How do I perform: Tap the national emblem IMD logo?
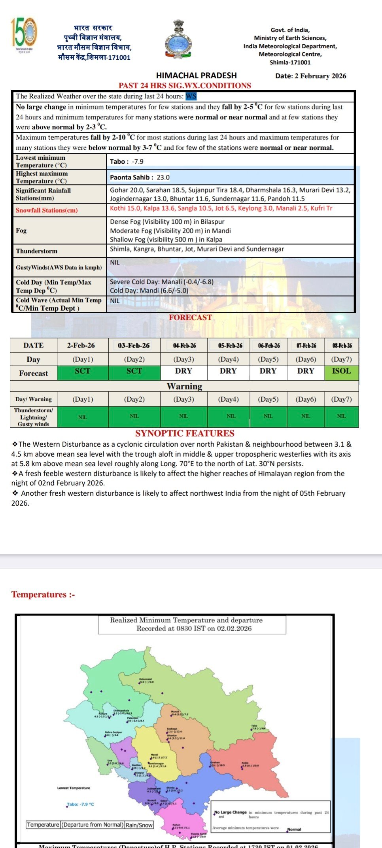pyautogui.click(x=178, y=40)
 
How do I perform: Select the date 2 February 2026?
pyautogui.click(x=310, y=76)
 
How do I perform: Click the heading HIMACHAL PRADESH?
pyautogui.click(x=196, y=76)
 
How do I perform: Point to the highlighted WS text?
pyautogui.click(x=191, y=96)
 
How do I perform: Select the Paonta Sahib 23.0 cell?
pyautogui.click(x=140, y=177)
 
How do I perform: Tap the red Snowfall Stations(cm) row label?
pyautogui.click(x=47, y=210)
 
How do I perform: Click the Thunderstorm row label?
pyautogui.click(x=37, y=251)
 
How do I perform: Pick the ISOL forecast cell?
pyautogui.click(x=341, y=371)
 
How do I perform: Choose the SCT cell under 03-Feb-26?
pyautogui.click(x=134, y=371)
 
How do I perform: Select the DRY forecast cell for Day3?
pyautogui.click(x=183, y=371)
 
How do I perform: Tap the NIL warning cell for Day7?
pyautogui.click(x=341, y=416)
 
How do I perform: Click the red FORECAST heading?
pyautogui.click(x=190, y=317)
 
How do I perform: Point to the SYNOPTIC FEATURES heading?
pyautogui.click(x=185, y=433)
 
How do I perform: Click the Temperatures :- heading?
pyautogui.click(x=43, y=594)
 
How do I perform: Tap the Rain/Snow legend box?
pyautogui.click(x=138, y=825)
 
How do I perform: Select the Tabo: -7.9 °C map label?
pyautogui.click(x=80, y=805)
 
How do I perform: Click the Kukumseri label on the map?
pyautogui.click(x=146, y=679)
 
